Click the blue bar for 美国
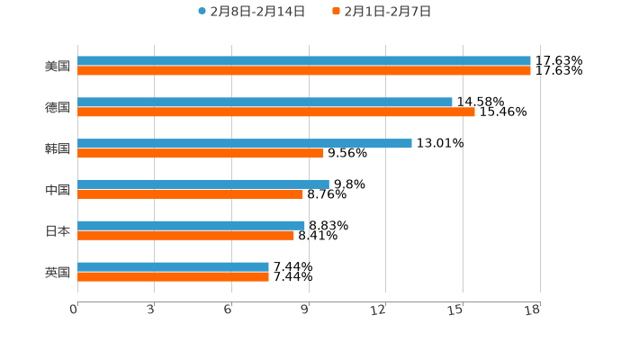304,61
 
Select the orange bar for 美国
304,70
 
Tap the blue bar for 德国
265,103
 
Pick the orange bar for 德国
276,112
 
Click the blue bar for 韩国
245,143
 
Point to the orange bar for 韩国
200,153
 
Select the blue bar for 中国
203,184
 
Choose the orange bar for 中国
190,193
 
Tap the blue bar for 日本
191,225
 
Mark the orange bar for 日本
185,235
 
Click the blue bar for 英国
173,266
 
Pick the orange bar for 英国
173,276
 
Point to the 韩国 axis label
58,148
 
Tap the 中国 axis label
58,190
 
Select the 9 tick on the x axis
306,310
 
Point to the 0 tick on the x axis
75,310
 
